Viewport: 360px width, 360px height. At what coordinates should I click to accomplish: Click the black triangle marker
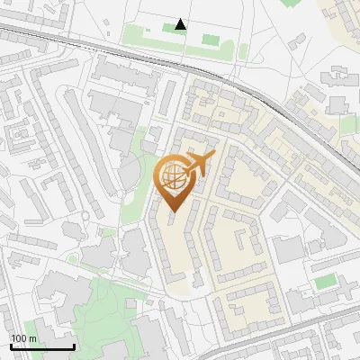pos(181,24)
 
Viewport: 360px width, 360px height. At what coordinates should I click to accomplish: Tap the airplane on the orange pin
pos(199,164)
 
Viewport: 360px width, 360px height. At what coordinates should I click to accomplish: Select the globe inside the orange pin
pos(173,177)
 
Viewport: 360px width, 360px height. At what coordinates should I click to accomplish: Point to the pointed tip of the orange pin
pos(173,212)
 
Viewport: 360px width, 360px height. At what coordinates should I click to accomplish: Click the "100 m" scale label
pos(23,338)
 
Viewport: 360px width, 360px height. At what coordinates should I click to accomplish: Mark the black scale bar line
pos(41,346)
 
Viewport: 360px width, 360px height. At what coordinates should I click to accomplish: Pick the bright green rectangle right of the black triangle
pos(211,40)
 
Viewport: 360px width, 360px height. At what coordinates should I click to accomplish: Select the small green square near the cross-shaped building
pos(324,282)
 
